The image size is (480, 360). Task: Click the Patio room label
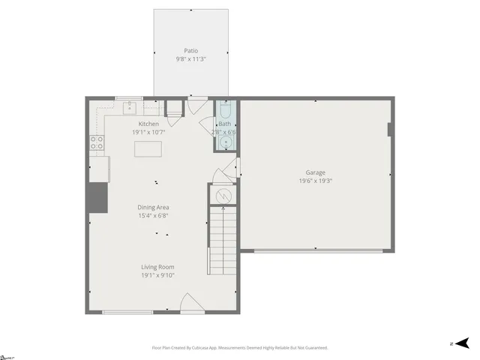(190, 50)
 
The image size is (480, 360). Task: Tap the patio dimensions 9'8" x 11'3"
(190, 58)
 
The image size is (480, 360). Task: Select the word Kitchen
(148, 124)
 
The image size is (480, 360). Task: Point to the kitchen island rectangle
(148, 148)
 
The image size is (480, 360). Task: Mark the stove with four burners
(97, 142)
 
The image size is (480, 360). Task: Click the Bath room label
(225, 124)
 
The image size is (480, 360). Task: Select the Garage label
(315, 172)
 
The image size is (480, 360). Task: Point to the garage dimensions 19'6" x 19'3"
(315, 181)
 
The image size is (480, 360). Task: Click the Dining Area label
(153, 207)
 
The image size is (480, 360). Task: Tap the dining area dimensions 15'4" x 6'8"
(153, 216)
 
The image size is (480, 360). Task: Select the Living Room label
(157, 267)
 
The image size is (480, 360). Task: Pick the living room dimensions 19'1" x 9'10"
(157, 276)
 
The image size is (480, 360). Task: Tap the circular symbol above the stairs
(222, 196)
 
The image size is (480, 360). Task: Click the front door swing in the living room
(190, 304)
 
